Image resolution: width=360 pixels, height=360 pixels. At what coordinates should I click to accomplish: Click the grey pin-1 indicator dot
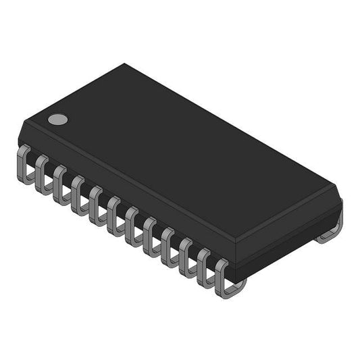click(58, 120)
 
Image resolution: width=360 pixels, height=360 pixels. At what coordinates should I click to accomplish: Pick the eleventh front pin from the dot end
click(205, 265)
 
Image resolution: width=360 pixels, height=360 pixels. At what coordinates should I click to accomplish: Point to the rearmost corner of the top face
click(125, 64)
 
